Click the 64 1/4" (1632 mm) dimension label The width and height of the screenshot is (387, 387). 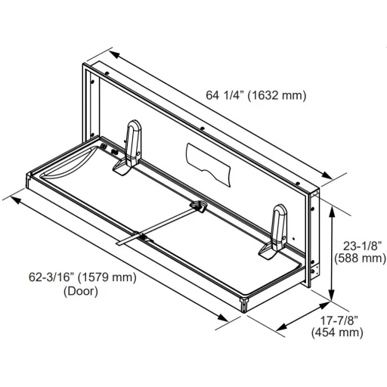click(x=256, y=95)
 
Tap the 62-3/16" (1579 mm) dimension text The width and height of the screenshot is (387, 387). click(x=82, y=277)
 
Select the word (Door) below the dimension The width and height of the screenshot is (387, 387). click(x=81, y=292)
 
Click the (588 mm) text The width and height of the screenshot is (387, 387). click(x=360, y=259)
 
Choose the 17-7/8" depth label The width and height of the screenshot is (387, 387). click(x=339, y=320)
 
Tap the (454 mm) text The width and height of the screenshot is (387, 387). click(x=337, y=333)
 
